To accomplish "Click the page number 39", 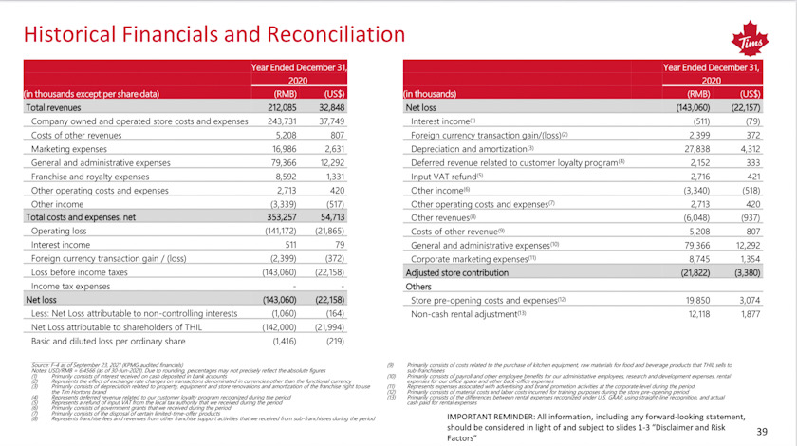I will pos(760,431).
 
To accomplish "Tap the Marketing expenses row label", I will pos(71,148).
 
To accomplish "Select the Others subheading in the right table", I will pos(418,286).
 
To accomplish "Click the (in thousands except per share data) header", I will pos(90,94).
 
